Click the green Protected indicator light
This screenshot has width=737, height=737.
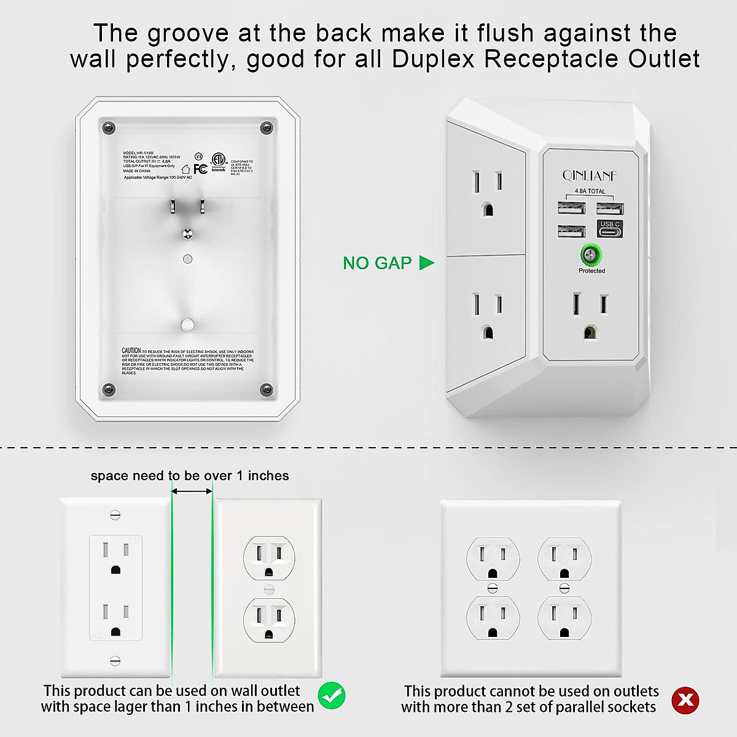591,254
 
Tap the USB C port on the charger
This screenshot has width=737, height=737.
610,229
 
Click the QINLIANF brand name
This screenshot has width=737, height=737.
590,176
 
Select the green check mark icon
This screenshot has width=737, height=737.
332,696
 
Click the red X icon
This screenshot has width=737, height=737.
685,700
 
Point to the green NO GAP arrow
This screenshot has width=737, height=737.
427,263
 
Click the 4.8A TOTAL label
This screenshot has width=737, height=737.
590,191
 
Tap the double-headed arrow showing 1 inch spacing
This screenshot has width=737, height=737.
192,491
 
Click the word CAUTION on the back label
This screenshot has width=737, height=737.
131,351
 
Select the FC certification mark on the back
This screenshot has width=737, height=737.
200,169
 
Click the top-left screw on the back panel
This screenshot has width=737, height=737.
109,128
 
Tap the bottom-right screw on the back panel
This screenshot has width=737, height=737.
267,389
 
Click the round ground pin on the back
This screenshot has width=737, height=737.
188,233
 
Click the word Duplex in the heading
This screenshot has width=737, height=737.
435,59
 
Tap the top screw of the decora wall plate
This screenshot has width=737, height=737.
115,515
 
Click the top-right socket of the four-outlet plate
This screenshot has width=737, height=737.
564,560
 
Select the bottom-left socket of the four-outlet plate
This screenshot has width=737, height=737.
493,619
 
